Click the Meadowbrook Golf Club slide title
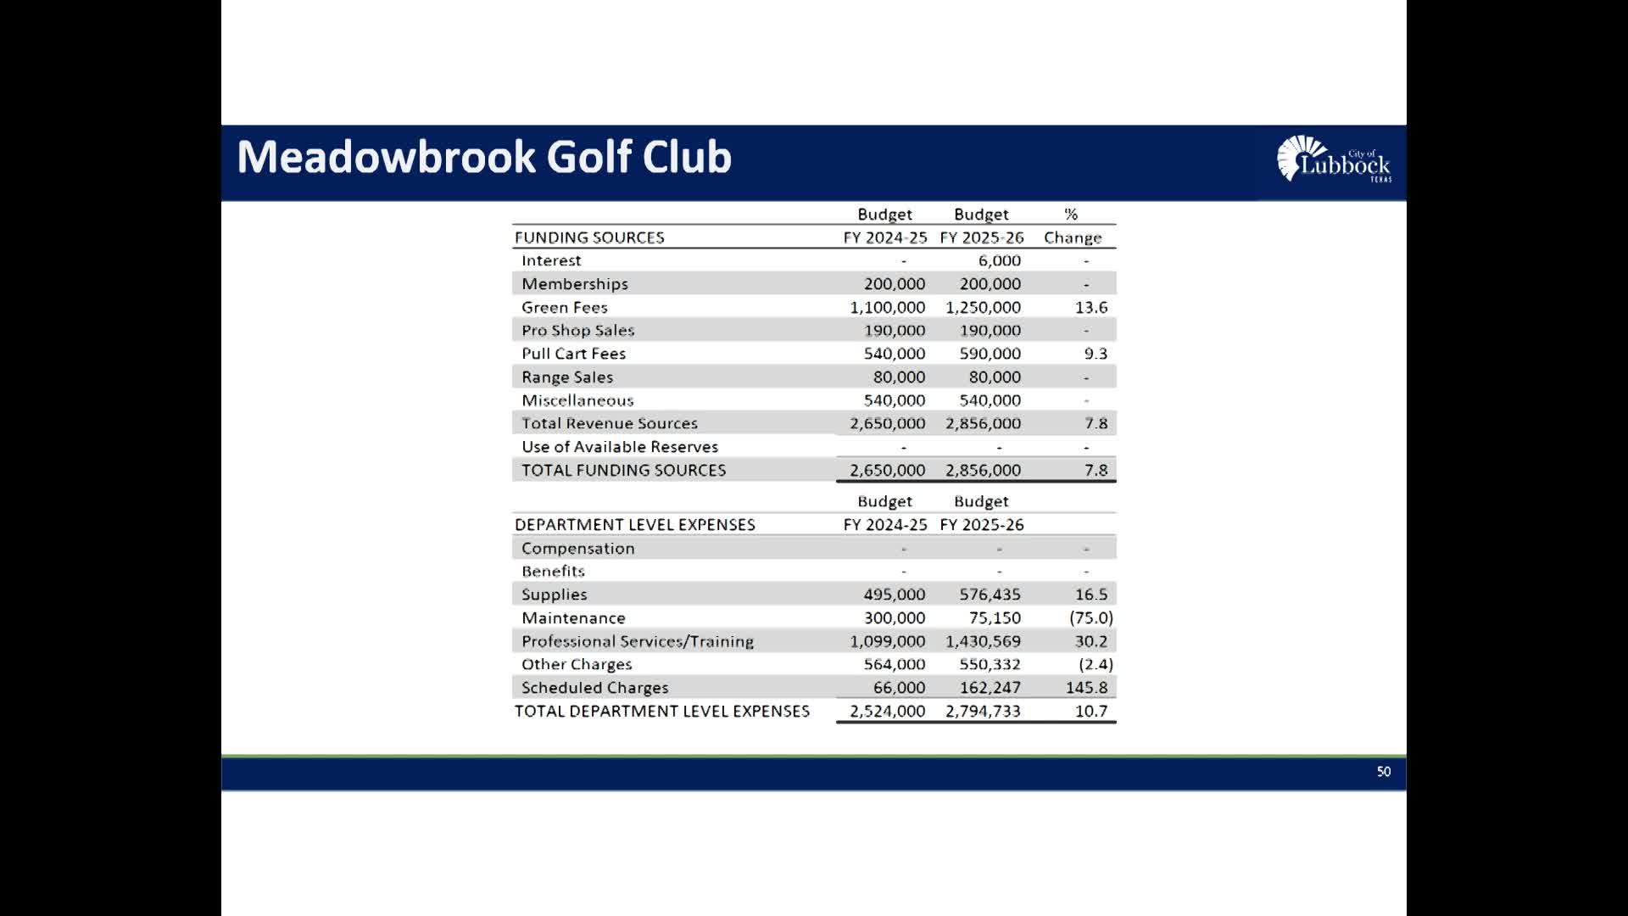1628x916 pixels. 483,158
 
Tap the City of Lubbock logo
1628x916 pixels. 1333,159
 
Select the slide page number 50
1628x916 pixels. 1383,772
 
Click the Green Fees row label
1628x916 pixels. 564,308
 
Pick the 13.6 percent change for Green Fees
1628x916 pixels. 1090,308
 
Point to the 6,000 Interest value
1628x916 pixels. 999,261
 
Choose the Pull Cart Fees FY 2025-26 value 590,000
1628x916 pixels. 990,354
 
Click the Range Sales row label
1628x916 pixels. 566,377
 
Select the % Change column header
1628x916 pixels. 1072,226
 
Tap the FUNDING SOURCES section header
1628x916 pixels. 589,238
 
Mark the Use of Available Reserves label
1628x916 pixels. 619,447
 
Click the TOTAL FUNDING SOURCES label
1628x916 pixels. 623,471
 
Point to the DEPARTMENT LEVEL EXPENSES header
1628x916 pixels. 634,525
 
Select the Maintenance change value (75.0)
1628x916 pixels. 1090,618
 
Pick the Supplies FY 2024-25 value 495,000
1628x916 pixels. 894,595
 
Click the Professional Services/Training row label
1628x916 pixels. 637,642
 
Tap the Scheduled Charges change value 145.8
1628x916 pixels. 1086,688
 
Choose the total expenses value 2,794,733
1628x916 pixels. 983,712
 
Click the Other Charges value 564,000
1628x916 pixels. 894,665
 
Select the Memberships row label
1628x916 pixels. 574,284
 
